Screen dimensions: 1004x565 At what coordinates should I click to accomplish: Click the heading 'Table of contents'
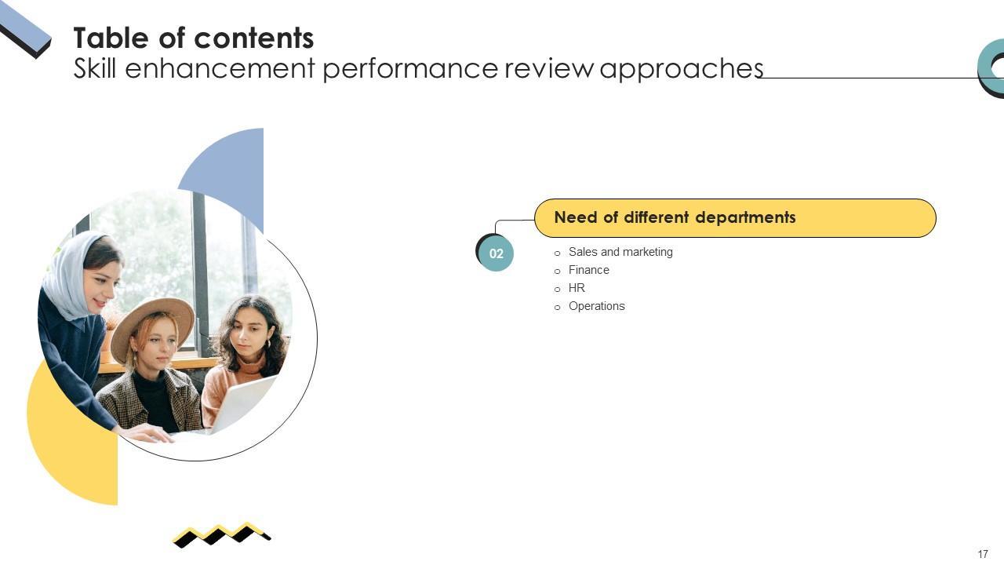point(193,38)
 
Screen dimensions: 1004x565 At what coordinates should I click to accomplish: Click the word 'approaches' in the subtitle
point(681,69)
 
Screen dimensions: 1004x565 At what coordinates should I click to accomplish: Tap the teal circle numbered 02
point(496,253)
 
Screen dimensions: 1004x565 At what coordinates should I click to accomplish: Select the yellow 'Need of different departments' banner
point(735,218)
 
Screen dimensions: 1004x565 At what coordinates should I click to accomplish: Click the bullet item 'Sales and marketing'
point(620,252)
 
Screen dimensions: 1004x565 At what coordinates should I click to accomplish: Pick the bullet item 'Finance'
point(588,270)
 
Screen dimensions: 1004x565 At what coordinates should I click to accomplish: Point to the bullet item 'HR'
point(577,288)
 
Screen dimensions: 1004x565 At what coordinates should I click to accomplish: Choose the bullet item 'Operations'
point(596,306)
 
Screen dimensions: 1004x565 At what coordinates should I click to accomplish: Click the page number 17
point(983,554)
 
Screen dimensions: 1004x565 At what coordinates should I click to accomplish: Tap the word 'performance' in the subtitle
point(409,69)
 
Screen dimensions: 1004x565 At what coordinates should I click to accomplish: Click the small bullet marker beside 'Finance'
point(558,272)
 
